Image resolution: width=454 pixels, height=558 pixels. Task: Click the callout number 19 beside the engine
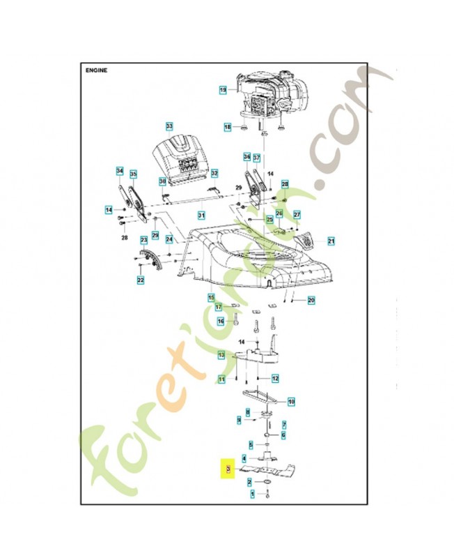[x=224, y=90]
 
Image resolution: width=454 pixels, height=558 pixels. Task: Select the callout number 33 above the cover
[x=169, y=126]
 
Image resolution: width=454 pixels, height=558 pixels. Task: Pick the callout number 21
[x=331, y=241]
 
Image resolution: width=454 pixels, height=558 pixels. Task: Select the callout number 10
[x=292, y=401]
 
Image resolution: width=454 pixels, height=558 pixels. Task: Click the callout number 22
[x=141, y=280]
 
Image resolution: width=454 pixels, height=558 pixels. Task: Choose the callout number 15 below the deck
[x=211, y=297]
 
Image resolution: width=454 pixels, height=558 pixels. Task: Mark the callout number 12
[x=275, y=378]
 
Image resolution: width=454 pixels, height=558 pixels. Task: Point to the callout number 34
[x=119, y=171]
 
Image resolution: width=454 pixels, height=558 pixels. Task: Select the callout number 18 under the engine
[x=227, y=127]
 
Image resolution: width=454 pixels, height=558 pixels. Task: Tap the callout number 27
[x=297, y=214]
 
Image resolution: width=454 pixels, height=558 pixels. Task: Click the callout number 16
[x=221, y=321]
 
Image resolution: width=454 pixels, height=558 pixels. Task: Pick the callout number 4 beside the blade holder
[x=243, y=458]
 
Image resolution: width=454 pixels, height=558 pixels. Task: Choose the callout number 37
[x=256, y=157]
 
